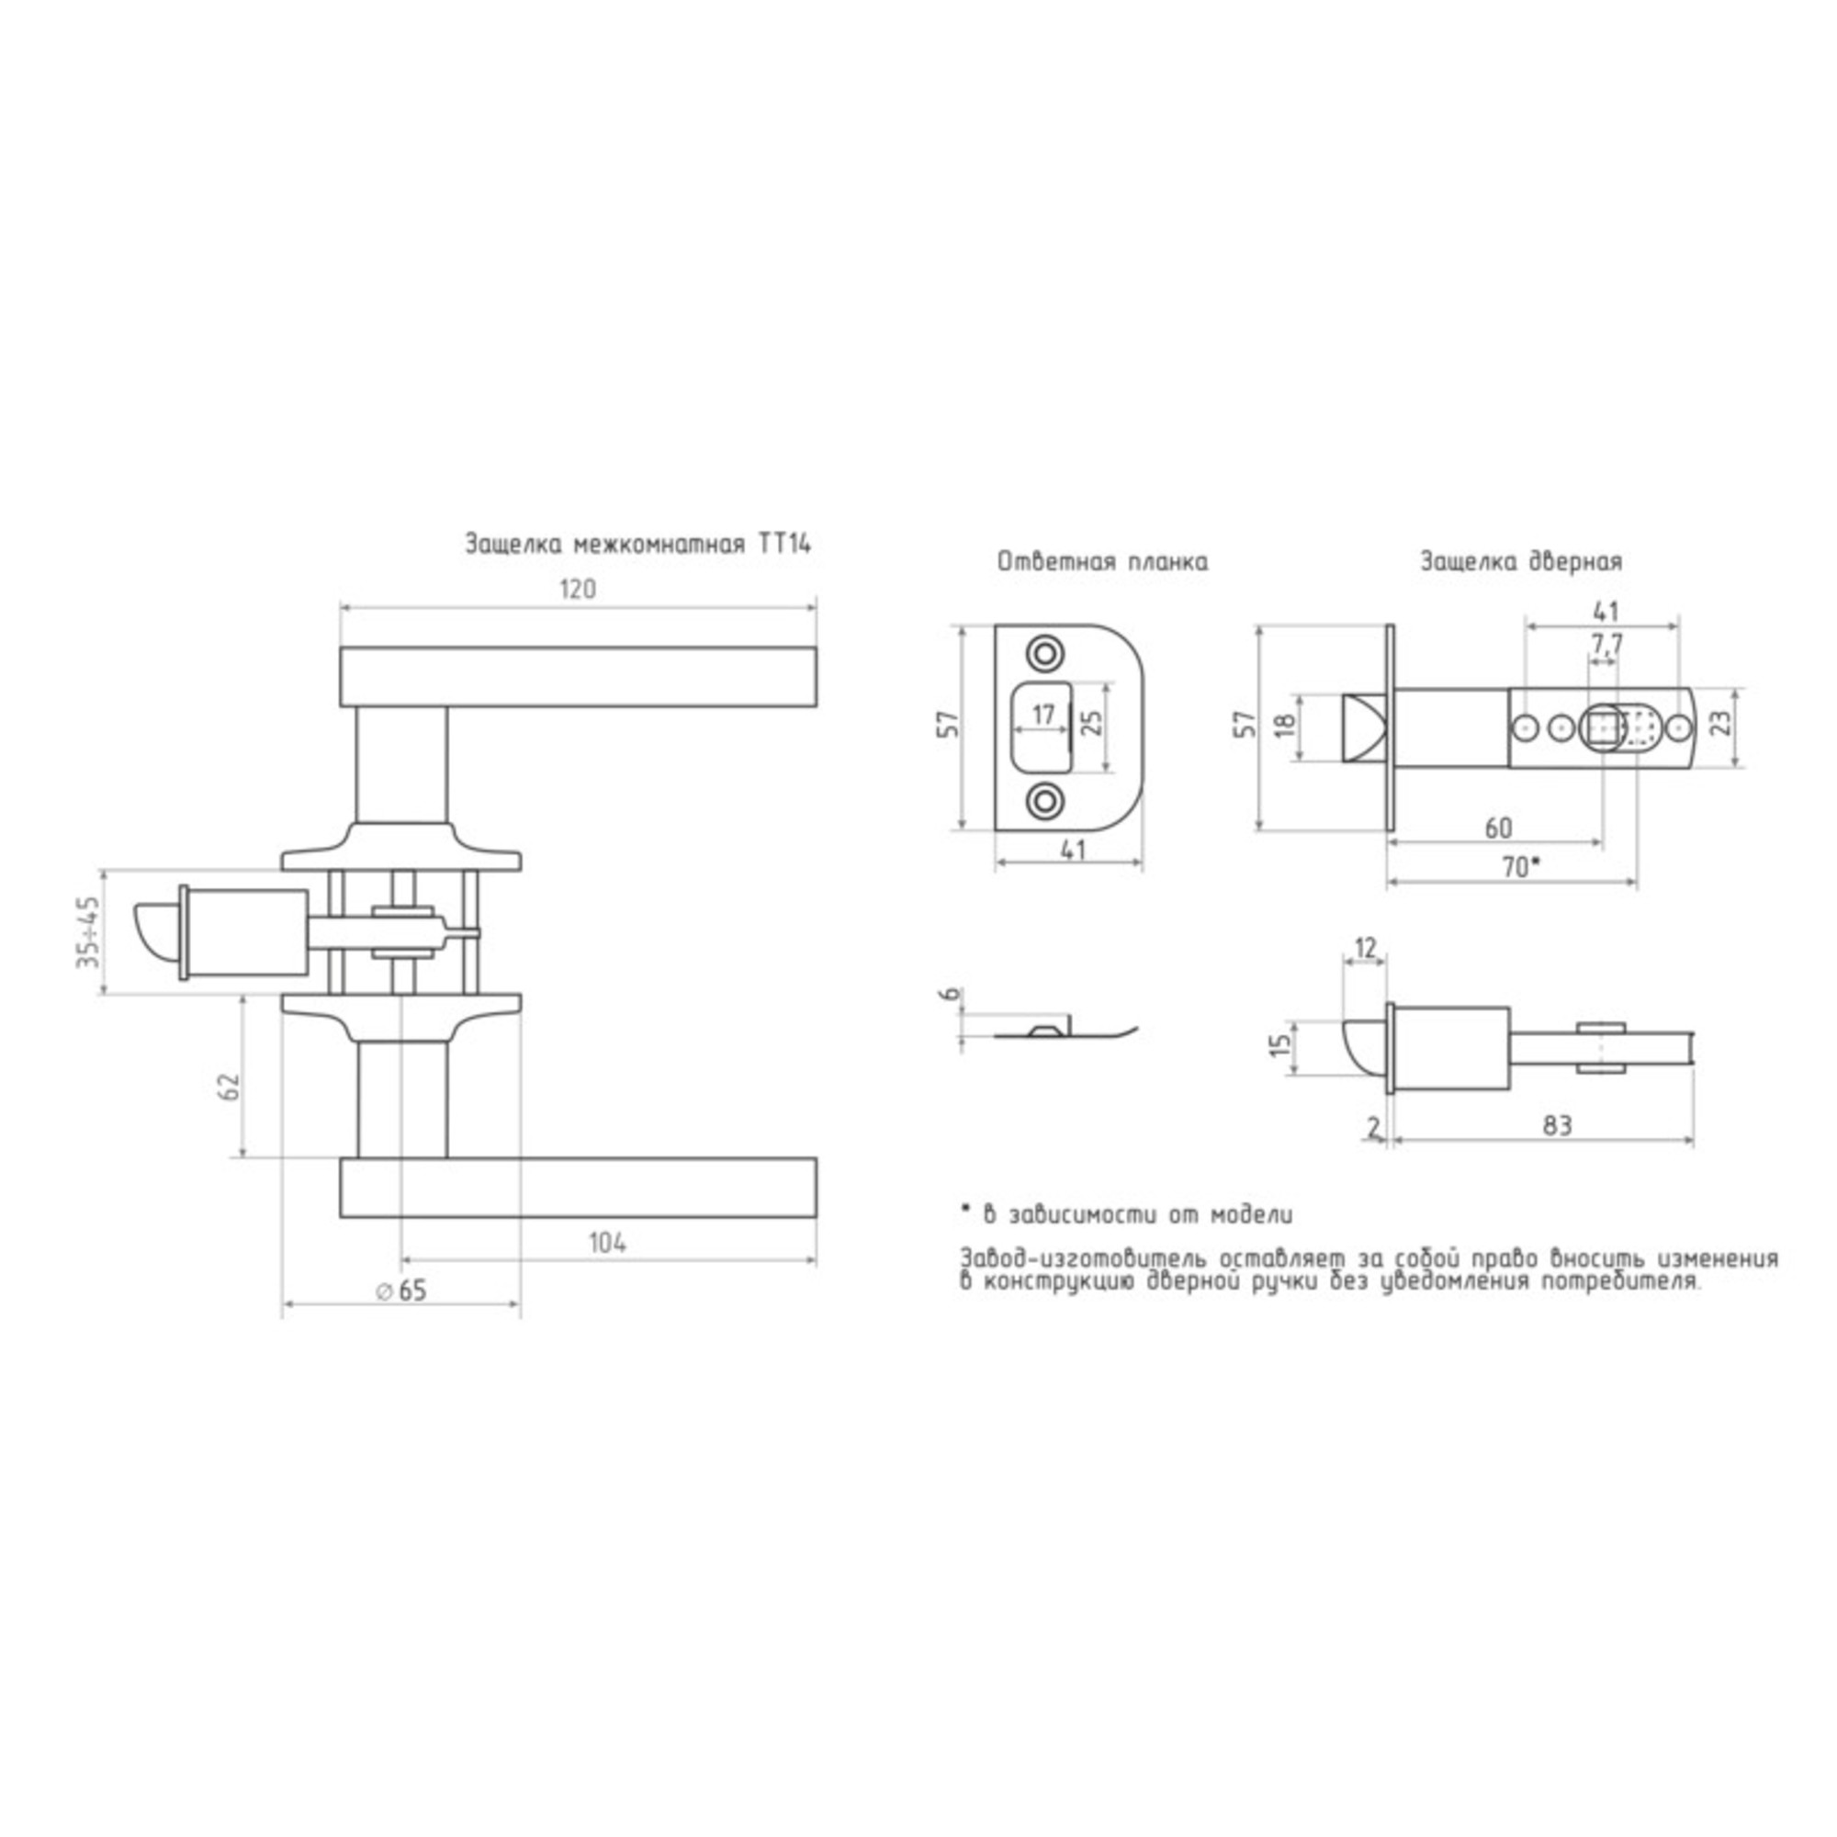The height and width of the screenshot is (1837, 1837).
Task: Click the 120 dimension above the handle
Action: pos(577,590)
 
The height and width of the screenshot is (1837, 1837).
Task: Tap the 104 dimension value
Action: pos(607,1243)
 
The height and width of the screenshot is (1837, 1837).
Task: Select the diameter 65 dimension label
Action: pos(402,1290)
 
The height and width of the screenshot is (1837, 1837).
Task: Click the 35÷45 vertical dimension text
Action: pos(87,931)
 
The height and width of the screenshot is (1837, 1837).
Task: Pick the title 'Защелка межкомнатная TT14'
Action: pos(638,544)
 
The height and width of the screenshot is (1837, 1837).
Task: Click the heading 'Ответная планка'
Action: pos(1103,562)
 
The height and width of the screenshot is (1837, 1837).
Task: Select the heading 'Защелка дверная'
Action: pos(1521,562)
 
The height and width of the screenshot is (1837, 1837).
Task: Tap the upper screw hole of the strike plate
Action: pos(1044,653)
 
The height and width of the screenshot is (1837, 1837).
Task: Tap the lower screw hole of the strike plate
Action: pos(1044,800)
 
